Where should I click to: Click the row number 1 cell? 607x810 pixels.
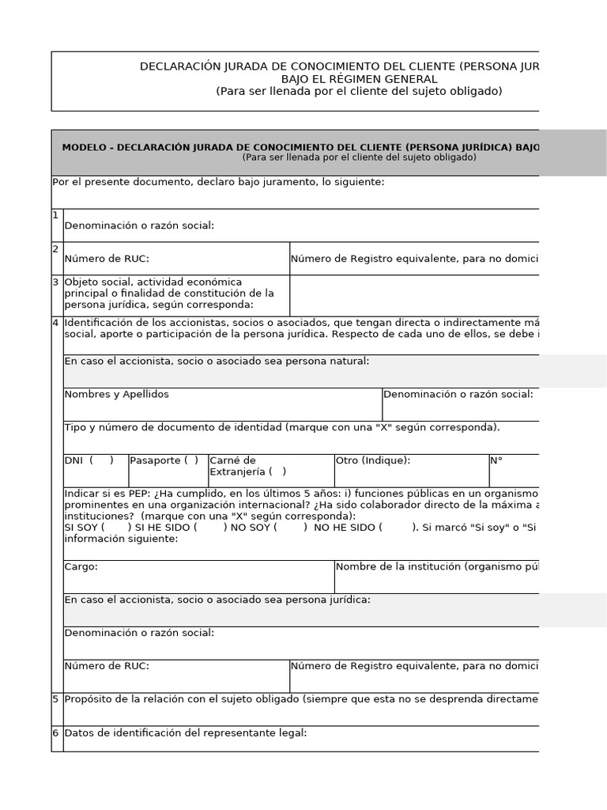coord(56,215)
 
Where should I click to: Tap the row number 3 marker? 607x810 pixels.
coord(56,282)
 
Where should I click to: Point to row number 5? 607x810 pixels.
coord(56,699)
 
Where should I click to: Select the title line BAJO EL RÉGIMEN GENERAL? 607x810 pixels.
coord(359,79)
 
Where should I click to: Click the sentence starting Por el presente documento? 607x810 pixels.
coord(218,182)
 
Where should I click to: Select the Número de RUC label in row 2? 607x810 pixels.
coord(107,258)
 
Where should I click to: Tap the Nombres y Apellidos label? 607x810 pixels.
coord(116,394)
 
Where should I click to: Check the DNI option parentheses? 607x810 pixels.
coord(101,460)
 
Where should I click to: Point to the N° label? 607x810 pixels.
coord(496,460)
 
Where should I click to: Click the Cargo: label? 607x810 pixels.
coord(81,566)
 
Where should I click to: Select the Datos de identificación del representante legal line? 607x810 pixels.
coord(186,733)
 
